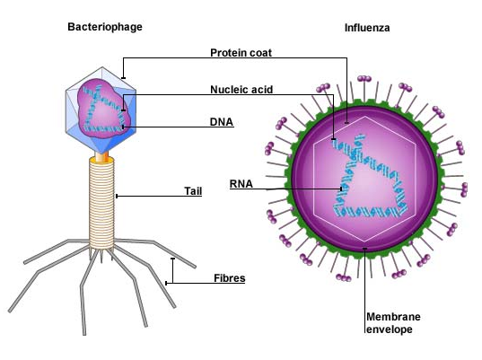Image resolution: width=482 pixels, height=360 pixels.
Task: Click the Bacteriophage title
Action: (105, 27)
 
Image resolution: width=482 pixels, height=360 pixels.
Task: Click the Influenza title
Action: (367, 28)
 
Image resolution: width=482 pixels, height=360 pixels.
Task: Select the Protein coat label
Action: (241, 53)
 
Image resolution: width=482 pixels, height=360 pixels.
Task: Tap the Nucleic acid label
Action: (241, 90)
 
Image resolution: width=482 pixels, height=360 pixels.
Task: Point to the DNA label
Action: (222, 122)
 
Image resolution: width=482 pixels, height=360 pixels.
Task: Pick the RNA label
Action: (241, 184)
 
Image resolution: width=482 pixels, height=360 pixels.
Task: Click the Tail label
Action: (193, 191)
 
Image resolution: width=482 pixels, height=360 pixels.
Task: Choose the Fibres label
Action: (229, 278)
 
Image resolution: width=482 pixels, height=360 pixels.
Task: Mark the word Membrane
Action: (393, 317)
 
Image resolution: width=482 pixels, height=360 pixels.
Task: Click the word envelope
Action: (390, 329)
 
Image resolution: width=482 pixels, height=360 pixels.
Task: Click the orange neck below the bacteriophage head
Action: (101, 157)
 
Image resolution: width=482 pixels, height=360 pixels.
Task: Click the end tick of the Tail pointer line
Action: (117, 196)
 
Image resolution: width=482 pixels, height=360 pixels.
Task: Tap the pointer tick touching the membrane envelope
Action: (365, 249)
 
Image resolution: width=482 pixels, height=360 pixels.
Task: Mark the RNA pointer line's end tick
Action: (341, 189)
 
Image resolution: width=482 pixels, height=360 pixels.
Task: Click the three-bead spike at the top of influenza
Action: (364, 79)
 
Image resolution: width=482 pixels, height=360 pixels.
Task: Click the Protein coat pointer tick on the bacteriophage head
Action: (123, 78)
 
